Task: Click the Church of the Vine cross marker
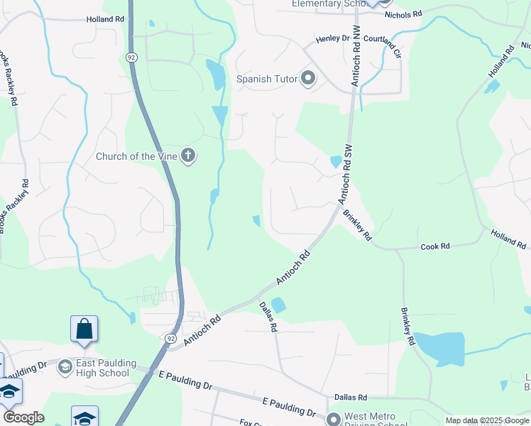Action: [188, 155]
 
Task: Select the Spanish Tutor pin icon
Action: [307, 78]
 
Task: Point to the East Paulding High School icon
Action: [65, 367]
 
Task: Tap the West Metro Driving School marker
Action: [334, 417]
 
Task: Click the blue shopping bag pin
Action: [84, 329]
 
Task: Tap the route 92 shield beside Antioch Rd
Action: [170, 339]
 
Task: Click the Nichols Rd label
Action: [403, 13]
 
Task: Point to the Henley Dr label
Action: [333, 38]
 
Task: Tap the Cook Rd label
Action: [435, 246]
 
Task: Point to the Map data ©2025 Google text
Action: [487, 420]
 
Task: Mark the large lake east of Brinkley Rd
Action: [438, 349]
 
